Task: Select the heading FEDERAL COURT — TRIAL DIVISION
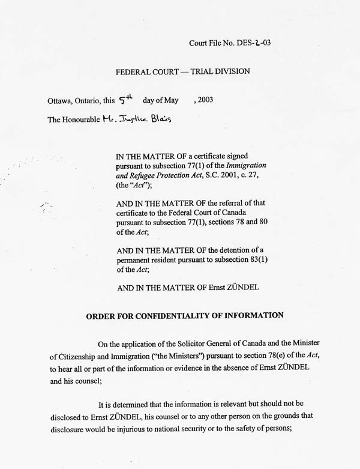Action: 182,71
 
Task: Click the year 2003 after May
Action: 203,100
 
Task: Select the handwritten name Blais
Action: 157,118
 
